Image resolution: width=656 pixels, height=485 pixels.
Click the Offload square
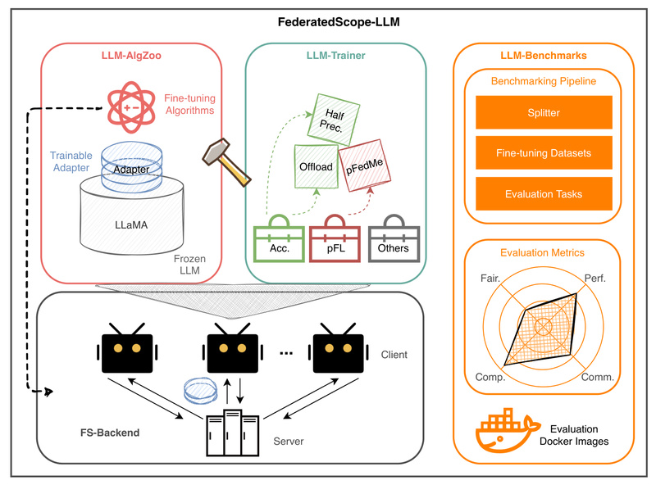pos(316,167)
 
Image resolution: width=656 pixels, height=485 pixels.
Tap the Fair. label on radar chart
pos(488,278)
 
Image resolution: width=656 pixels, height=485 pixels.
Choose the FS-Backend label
pos(103,432)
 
